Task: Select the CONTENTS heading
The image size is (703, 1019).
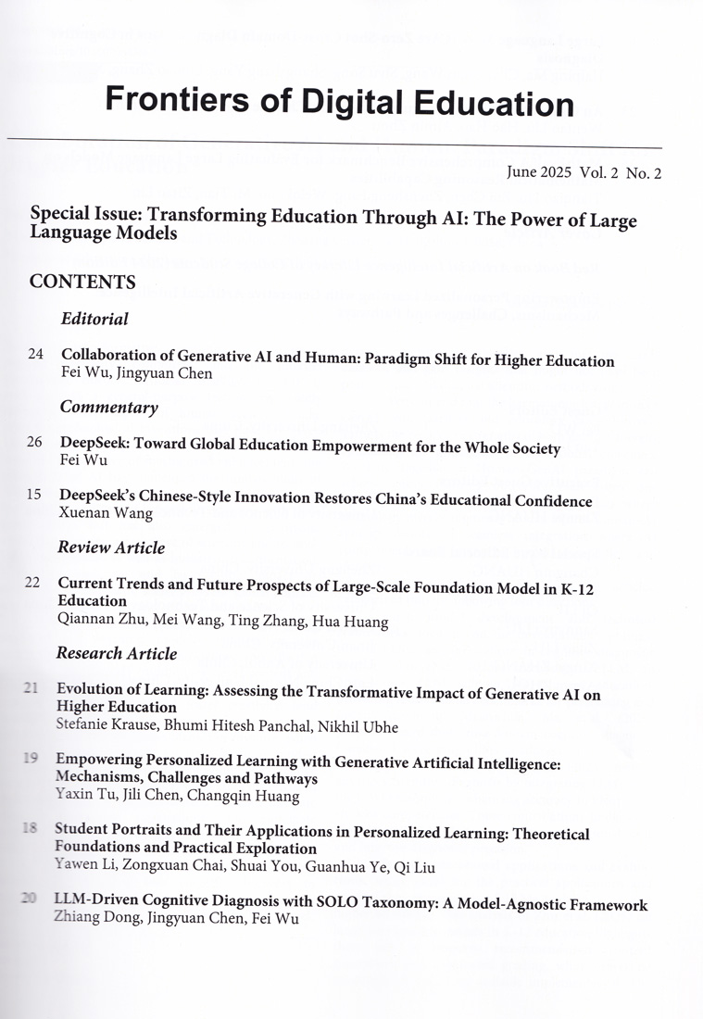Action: click(x=82, y=282)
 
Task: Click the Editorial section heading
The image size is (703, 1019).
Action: click(x=94, y=320)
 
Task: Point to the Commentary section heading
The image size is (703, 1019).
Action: click(x=109, y=408)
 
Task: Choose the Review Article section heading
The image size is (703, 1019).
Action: click(x=111, y=547)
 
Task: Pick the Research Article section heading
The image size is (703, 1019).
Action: click(x=117, y=653)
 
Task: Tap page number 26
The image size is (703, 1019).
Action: click(x=34, y=442)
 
